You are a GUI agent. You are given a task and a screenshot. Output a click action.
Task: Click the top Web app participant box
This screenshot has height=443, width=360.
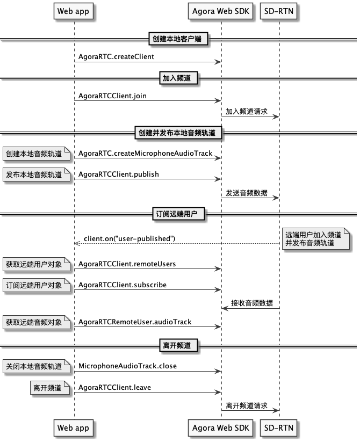74,11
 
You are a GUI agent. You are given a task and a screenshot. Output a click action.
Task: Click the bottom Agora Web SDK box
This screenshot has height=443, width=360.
221,428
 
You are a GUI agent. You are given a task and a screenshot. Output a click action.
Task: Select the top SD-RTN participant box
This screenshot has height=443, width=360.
279,11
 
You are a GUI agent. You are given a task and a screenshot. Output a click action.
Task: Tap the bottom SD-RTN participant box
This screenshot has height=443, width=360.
279,428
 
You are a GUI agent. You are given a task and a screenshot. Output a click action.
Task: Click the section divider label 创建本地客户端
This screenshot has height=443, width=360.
178,39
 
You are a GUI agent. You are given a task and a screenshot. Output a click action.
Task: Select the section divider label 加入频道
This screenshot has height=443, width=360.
178,78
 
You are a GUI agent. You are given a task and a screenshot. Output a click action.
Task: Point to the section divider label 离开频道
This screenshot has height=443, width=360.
178,345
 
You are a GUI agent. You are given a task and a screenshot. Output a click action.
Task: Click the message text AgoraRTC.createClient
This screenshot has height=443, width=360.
116,56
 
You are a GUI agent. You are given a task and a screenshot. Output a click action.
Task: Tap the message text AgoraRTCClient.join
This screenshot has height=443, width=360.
112,96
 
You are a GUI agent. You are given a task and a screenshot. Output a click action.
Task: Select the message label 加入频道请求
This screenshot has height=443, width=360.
247,112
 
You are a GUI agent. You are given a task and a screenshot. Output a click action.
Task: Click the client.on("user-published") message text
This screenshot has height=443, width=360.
129,238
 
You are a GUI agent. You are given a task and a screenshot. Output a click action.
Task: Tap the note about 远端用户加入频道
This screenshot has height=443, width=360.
316,238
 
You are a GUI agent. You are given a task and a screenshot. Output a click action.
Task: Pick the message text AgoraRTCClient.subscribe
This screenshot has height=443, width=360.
123,285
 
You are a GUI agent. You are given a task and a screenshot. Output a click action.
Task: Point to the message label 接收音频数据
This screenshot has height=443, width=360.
252,303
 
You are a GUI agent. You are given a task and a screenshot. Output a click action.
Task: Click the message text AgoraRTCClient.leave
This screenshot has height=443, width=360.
114,387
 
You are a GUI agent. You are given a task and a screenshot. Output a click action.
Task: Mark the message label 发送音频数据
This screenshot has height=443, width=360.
247,193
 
